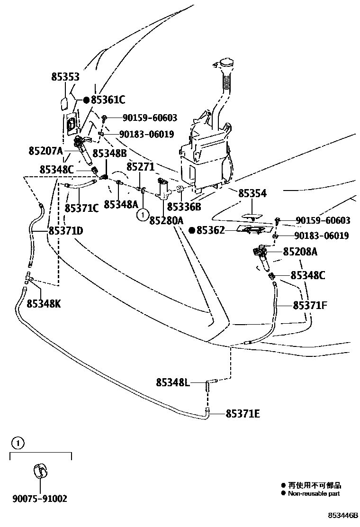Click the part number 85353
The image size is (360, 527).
65,77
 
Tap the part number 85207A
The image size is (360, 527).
45,152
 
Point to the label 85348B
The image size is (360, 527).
109,153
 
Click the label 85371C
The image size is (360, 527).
81,208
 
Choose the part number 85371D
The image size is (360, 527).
65,231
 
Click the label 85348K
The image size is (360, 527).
44,303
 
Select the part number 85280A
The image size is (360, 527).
166,220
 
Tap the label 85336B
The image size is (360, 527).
184,207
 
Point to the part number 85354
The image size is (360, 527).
252,193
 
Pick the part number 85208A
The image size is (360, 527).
300,252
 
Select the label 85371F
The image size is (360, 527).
310,305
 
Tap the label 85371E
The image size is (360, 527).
243,414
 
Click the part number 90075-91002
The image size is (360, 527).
40,498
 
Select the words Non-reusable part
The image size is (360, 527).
314,493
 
